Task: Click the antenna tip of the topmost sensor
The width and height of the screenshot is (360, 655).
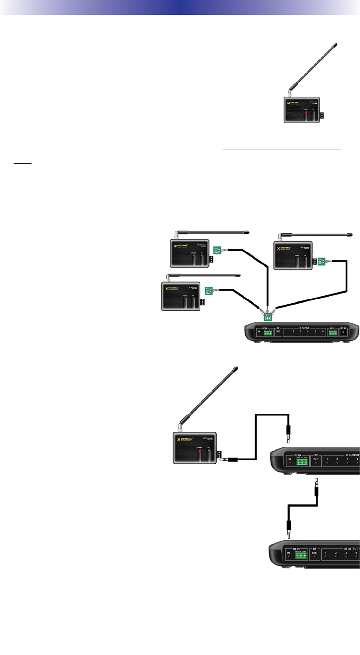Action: click(336, 44)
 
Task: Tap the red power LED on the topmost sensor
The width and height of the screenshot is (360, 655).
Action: click(306, 115)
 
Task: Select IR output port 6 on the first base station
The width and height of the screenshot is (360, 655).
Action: click(323, 333)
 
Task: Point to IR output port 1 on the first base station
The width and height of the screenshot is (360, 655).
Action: click(286, 333)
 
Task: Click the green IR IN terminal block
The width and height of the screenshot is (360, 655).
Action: click(333, 333)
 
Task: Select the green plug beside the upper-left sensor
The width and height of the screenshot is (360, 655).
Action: click(217, 251)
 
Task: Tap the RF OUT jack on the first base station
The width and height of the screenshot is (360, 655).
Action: click(278, 333)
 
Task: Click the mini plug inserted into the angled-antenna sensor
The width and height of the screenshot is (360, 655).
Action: click(229, 459)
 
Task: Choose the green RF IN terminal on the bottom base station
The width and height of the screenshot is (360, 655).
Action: click(301, 556)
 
